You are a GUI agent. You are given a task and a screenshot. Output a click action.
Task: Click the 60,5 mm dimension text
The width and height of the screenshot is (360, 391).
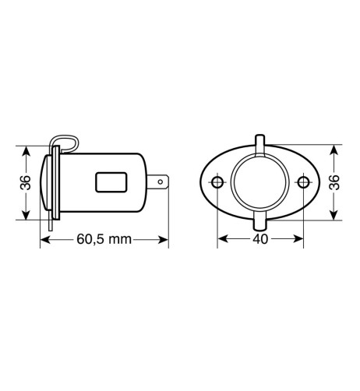tap(104, 239)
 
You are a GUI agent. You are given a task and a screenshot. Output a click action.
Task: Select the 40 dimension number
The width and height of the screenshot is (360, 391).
tap(259, 239)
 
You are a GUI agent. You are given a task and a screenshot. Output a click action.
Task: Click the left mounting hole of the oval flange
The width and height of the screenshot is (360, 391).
tap(217, 183)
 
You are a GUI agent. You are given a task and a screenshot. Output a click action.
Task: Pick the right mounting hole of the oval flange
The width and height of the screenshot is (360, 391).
tap(303, 183)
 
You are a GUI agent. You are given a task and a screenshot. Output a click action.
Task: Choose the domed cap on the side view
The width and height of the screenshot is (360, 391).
tap(44, 183)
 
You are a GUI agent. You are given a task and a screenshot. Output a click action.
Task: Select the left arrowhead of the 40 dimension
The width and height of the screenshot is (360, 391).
tap(221, 239)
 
